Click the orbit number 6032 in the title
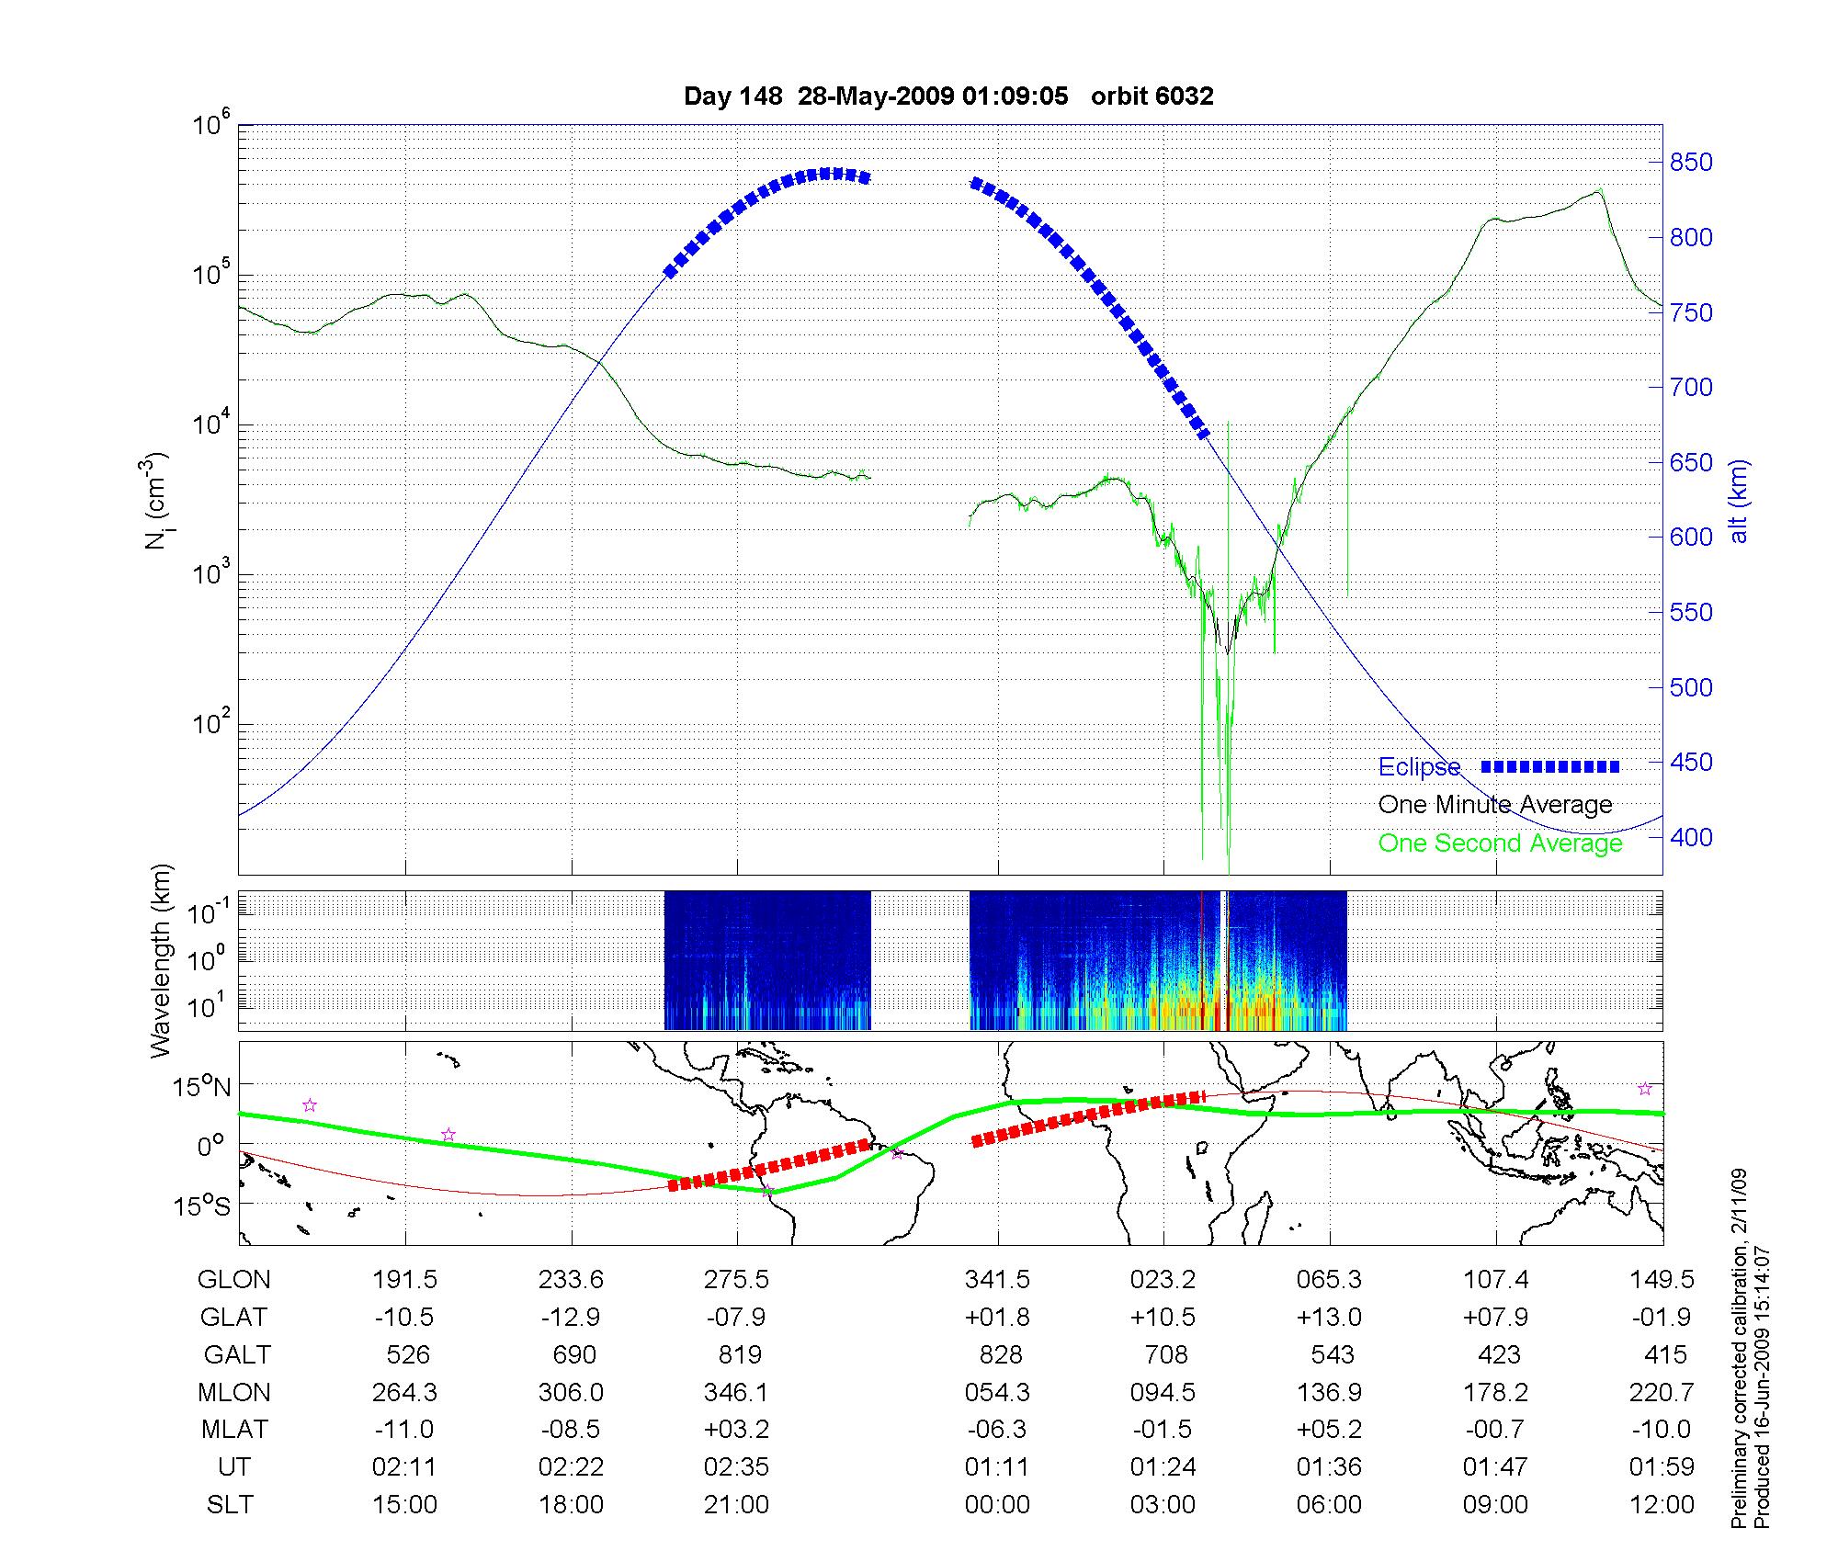tap(1186, 96)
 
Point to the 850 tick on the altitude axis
tap(1691, 163)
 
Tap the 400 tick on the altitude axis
tap(1691, 837)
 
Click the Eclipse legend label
tap(1419, 767)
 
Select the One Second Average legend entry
tap(1500, 843)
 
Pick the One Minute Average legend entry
tap(1495, 805)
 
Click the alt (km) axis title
tap(1739, 501)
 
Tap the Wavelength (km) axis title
tap(162, 960)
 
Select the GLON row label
tap(234, 1280)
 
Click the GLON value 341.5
tap(997, 1280)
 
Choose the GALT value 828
tap(1001, 1355)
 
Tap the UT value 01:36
tap(1329, 1467)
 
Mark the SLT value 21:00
tap(736, 1505)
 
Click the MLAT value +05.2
tap(1329, 1430)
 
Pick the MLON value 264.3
tap(404, 1393)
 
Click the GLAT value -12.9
tap(571, 1318)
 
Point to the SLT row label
tap(230, 1505)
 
